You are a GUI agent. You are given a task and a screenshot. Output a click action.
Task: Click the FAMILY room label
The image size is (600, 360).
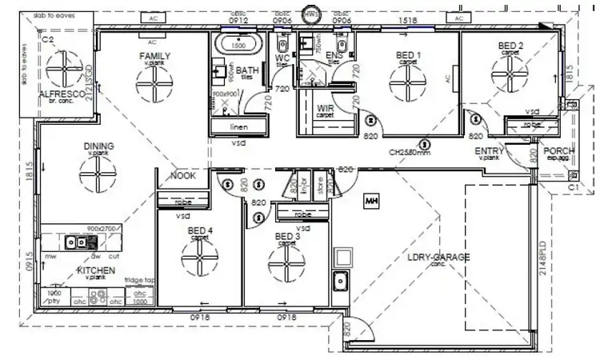155,56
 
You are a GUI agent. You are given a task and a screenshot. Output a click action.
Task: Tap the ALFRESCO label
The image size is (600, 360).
56,94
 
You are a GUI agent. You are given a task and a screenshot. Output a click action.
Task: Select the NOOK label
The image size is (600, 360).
183,176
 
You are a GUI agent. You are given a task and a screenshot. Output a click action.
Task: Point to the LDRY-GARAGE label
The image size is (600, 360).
438,257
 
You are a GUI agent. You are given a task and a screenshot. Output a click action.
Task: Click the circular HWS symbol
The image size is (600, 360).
310,15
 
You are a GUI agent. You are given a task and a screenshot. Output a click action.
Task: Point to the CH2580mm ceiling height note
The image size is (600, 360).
409,151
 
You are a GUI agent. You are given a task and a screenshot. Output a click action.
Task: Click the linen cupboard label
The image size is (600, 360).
238,128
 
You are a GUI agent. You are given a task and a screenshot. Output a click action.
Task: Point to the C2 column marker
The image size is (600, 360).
47,38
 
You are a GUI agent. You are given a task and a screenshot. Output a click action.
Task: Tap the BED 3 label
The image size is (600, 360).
287,236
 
